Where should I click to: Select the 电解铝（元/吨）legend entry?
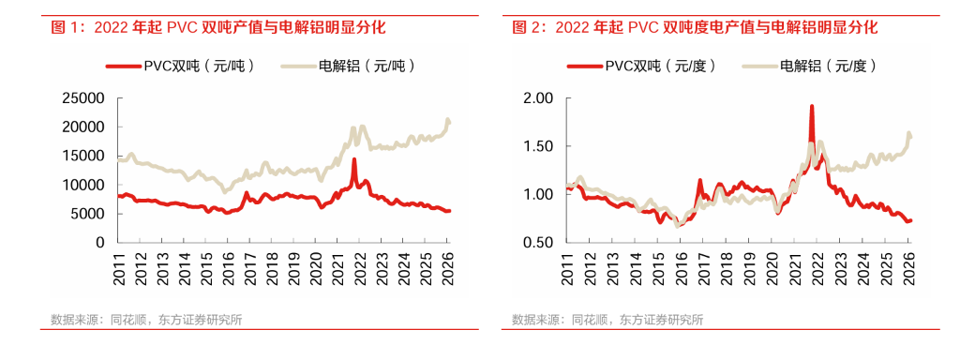pyautogui.click(x=348, y=66)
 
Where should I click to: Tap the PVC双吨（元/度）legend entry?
pyautogui.click(x=637, y=66)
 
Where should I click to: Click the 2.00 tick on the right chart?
pyautogui.click(x=540, y=97)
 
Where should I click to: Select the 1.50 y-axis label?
pyautogui.click(x=540, y=146)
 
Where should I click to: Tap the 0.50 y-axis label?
pyautogui.click(x=540, y=243)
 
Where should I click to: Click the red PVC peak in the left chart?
pyautogui.click(x=353, y=160)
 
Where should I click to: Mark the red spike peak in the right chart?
pyautogui.click(x=811, y=107)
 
